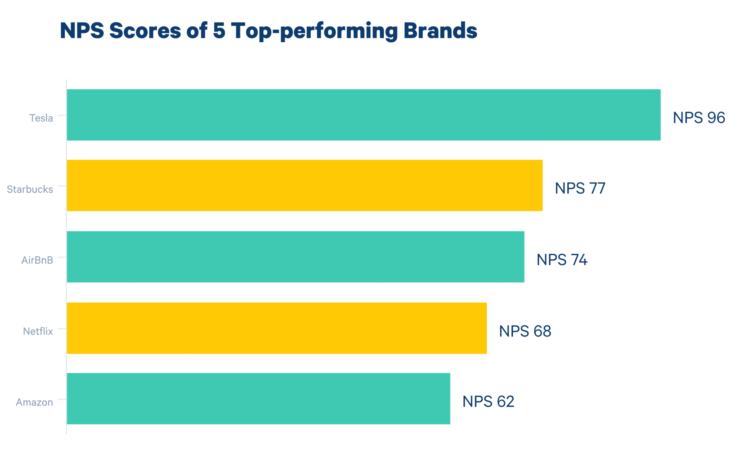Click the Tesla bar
(x=363, y=115)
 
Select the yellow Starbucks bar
(x=304, y=185)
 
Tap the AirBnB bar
(x=295, y=257)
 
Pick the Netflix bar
(x=276, y=328)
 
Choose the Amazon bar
(x=258, y=399)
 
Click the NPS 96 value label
(x=699, y=118)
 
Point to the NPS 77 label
(x=580, y=188)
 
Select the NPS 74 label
(x=562, y=260)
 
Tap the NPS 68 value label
(x=525, y=331)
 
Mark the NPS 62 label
(x=488, y=401)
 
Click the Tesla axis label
(x=41, y=118)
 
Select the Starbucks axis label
(x=30, y=189)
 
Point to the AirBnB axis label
(x=37, y=260)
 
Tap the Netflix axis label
(x=38, y=331)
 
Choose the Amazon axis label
(x=34, y=402)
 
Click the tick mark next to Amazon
(x=62, y=399)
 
